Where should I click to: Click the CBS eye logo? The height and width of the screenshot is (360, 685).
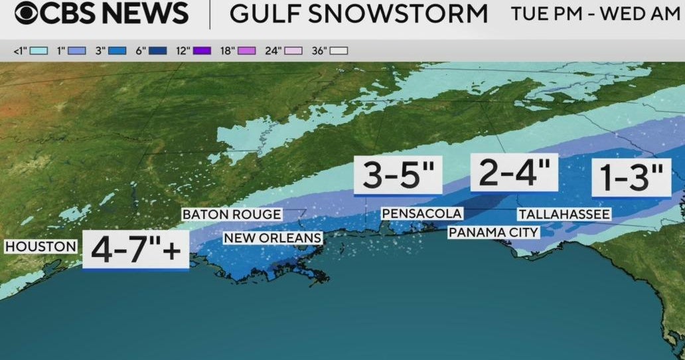tap(28, 14)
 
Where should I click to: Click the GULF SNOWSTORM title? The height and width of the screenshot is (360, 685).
tap(358, 14)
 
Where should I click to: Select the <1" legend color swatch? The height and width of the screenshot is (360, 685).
tap(38, 50)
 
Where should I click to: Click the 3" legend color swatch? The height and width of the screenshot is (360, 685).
tap(117, 50)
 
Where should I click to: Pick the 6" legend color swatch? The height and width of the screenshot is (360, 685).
tap(158, 50)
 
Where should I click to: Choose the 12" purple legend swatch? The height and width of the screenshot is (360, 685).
tap(202, 50)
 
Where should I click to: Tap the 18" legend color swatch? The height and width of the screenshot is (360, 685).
tap(247, 50)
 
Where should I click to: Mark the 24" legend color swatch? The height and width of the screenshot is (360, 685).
tap(293, 50)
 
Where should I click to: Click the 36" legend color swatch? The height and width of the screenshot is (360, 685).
tap(339, 50)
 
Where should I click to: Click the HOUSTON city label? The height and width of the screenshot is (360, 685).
tap(40, 246)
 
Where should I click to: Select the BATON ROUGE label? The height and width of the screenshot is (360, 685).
tap(232, 215)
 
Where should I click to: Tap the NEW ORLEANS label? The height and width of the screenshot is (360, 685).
tap(272, 238)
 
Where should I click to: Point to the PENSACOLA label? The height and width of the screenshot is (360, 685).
tap(421, 213)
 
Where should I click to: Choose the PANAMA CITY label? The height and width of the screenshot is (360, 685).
tap(493, 232)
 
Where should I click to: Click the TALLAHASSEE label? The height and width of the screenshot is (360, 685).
tap(564, 214)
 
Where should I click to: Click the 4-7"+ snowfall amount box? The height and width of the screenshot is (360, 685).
tap(135, 250)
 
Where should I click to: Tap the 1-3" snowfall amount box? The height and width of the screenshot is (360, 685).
tap(631, 177)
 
